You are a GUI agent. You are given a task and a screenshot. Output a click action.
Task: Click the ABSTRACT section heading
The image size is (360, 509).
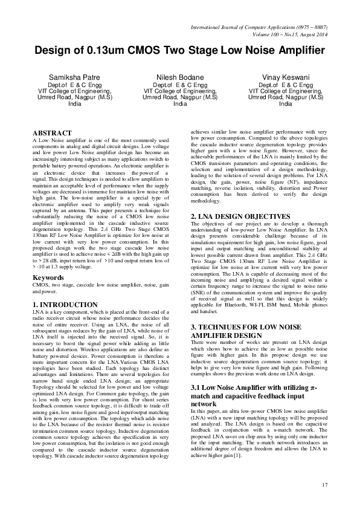coord(55,132)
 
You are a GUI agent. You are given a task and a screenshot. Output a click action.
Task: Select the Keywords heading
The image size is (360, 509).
coord(50,278)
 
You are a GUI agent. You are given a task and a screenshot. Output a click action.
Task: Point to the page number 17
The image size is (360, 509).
coord(324,484)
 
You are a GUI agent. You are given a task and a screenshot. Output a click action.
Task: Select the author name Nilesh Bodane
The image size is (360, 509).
coord(180,78)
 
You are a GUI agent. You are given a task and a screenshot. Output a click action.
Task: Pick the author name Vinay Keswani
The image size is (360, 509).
coord(285,78)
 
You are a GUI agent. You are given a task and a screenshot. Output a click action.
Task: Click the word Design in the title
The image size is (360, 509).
coord(55,50)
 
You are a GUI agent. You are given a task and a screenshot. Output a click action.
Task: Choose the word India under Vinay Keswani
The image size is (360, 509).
coord(285,104)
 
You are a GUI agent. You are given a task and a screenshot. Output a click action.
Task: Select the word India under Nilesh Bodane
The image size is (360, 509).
coord(180,104)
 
